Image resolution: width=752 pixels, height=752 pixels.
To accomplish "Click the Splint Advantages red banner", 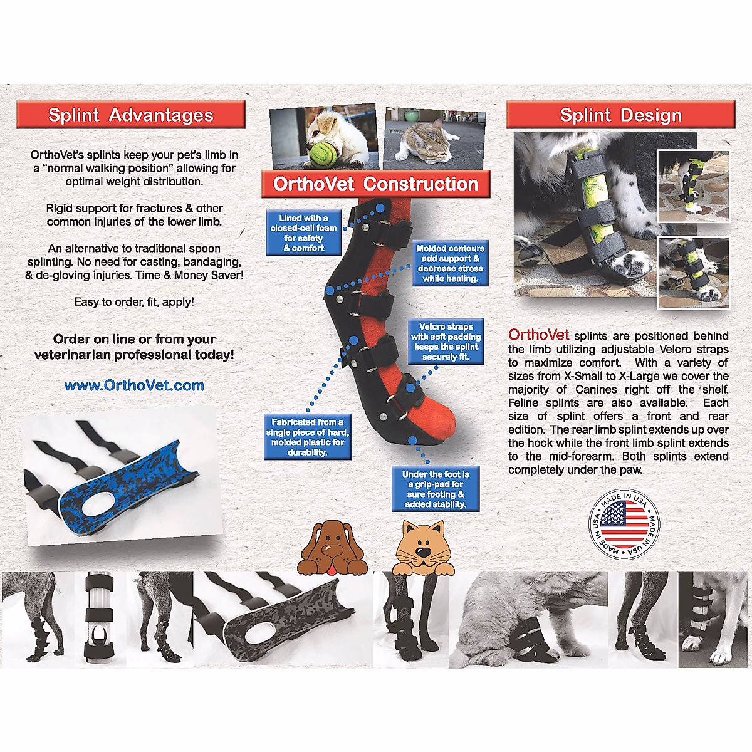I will pos(130,115).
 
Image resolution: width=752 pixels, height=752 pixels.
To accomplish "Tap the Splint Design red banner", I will pos(620,115).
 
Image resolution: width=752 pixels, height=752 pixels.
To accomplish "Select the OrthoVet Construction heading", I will pos(376,184).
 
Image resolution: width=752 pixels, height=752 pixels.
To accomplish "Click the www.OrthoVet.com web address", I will pos(134,385).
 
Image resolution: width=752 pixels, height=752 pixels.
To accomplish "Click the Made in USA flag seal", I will pos(624,524).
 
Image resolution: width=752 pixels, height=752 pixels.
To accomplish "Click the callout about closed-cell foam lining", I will pos(303,233).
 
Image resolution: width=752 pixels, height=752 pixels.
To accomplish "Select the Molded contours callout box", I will pos(450,263).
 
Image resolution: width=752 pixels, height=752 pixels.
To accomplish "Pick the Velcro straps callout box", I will pos(446,342).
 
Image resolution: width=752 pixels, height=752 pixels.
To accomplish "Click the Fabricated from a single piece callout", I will pos(307,437).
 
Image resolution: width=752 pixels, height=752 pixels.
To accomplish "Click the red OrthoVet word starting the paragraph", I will pos(538,335).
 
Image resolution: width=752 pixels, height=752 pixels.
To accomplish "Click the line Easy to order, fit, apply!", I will pos(134,301).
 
